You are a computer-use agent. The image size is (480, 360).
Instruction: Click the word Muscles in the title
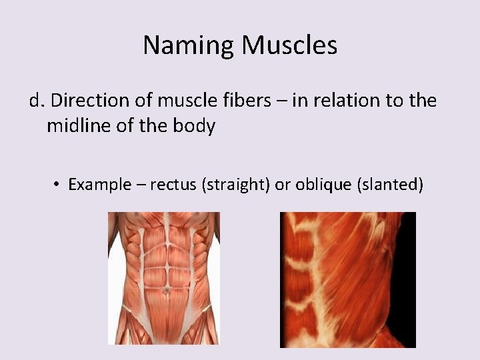(x=289, y=45)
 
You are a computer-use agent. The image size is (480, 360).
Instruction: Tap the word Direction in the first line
(x=88, y=100)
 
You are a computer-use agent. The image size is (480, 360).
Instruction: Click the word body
(x=195, y=125)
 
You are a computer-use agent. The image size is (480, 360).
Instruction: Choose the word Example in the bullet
(x=100, y=184)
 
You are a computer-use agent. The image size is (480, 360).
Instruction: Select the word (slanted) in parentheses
(x=391, y=184)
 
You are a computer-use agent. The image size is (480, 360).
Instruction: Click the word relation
(x=351, y=100)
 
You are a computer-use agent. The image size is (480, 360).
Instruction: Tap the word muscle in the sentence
(x=191, y=100)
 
